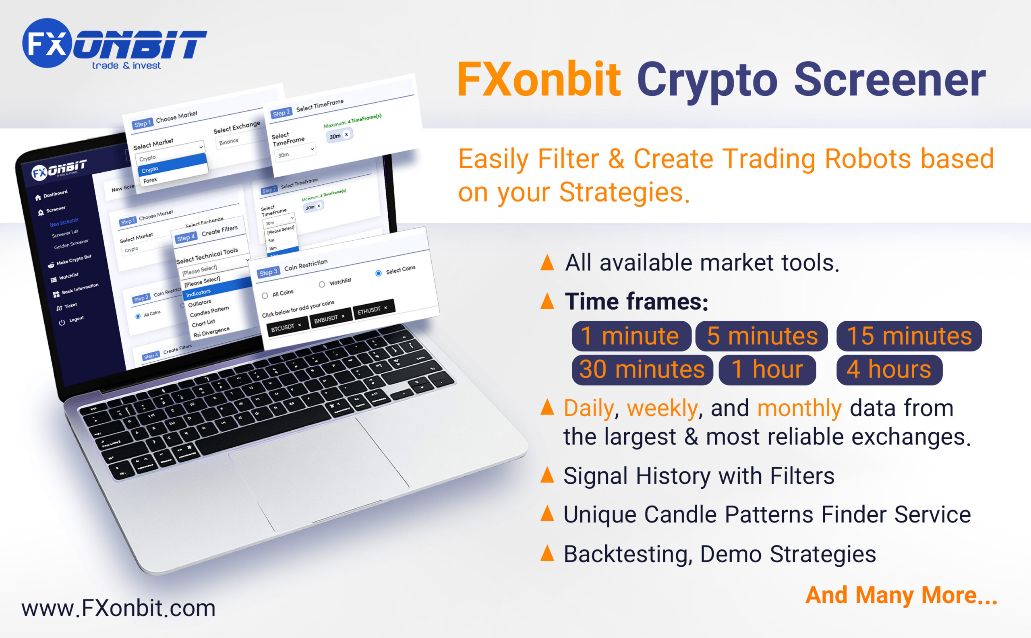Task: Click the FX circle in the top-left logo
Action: pos(46,43)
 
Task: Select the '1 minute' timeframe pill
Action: pos(631,336)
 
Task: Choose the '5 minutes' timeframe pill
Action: pos(761,336)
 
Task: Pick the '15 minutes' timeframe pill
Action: pos(909,336)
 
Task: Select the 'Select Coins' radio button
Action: pos(378,273)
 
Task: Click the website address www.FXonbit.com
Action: pos(118,609)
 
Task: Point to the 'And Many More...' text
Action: pos(901,595)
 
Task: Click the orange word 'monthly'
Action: pos(799,409)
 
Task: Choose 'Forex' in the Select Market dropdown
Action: pos(150,180)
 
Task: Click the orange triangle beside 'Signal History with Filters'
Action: pos(547,475)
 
